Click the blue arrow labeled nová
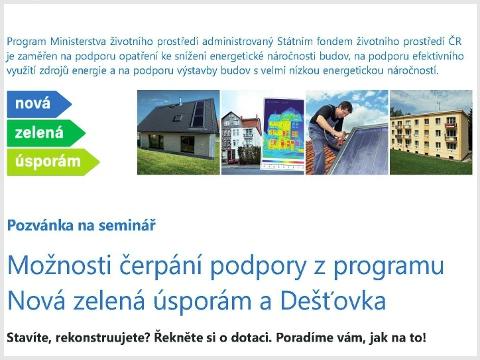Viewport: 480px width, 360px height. [x=35, y=104]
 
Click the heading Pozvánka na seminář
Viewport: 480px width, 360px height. [x=81, y=224]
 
